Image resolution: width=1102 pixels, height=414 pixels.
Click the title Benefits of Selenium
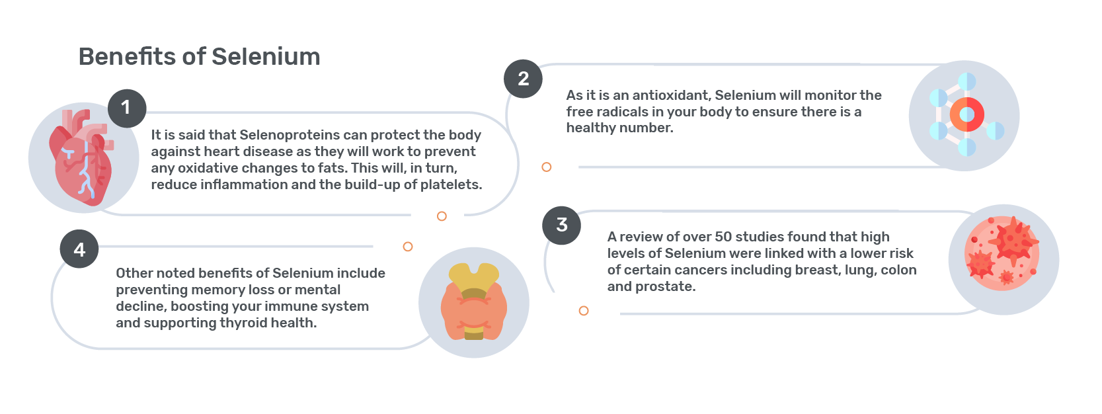(199, 57)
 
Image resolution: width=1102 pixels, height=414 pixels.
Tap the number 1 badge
(127, 108)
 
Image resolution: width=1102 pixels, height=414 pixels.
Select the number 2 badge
(523, 79)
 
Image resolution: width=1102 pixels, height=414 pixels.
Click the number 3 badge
(561, 226)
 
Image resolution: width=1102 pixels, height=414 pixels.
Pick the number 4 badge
(79, 249)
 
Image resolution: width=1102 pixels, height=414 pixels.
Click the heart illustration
(82, 157)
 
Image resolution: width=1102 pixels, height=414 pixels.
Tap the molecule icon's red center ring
(966, 114)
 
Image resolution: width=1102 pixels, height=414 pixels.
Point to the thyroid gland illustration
(474, 302)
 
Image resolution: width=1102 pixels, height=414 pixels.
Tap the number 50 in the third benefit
(723, 237)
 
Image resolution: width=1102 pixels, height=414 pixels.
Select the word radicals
(619, 112)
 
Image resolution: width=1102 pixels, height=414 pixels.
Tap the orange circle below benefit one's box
(442, 216)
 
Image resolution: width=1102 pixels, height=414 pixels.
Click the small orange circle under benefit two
(546, 167)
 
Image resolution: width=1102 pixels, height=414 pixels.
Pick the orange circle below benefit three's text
(584, 311)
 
